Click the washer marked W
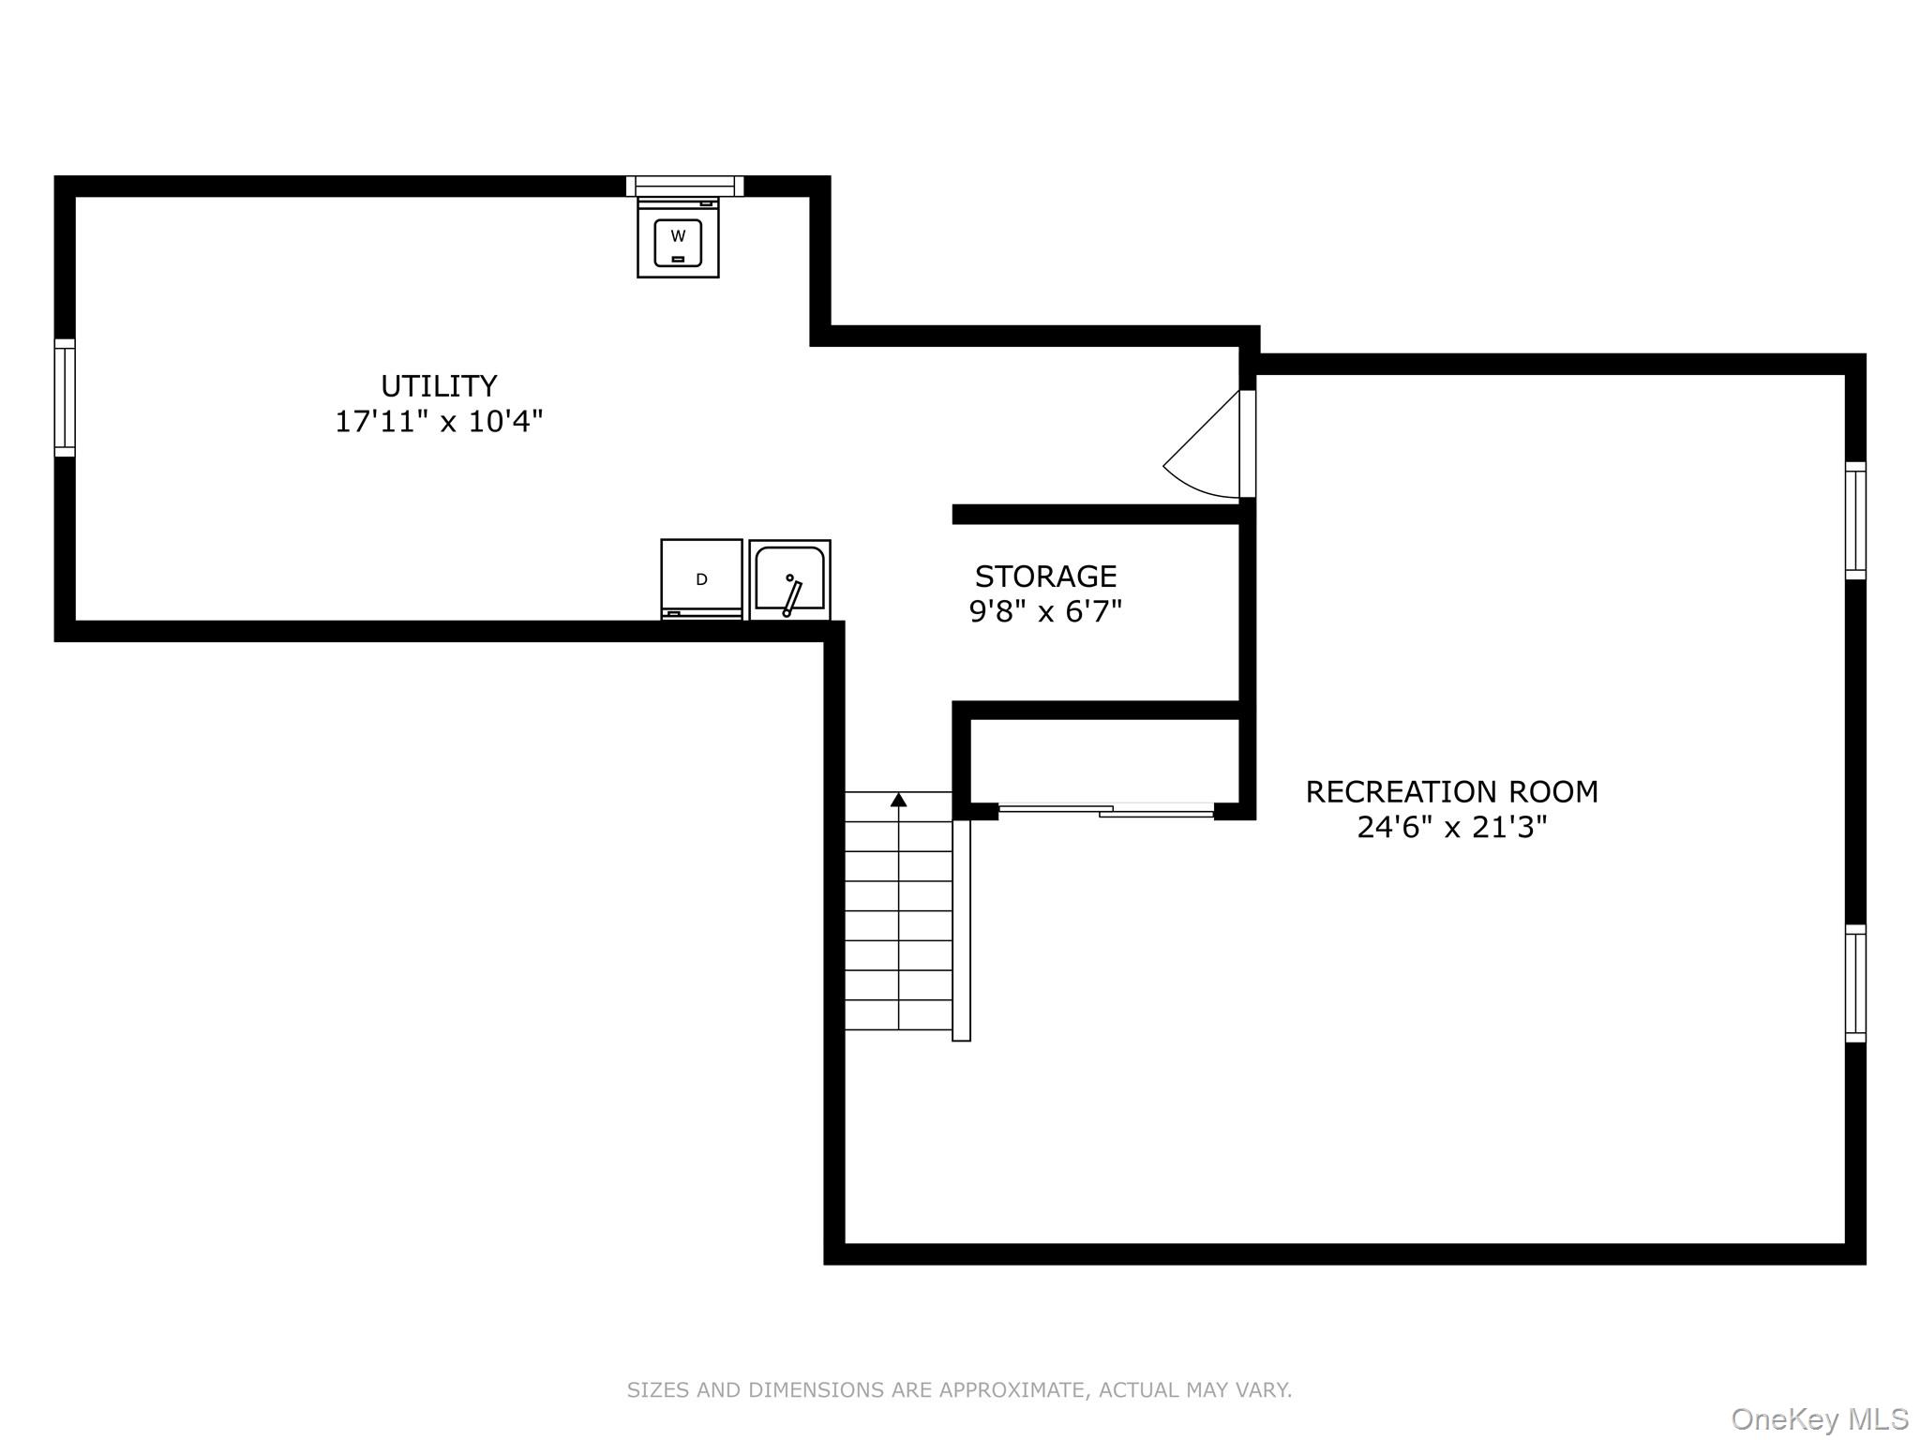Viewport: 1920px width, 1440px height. coord(678,238)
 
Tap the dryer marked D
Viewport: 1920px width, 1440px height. coord(701,579)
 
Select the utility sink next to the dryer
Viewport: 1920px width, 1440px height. coord(789,579)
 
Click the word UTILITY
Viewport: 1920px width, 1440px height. coord(439,386)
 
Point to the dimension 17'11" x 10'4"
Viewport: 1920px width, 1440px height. coord(439,422)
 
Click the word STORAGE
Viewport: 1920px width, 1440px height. coord(1045,576)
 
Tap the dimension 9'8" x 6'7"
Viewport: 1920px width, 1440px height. coord(1045,612)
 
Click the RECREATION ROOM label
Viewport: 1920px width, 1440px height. coord(1451,792)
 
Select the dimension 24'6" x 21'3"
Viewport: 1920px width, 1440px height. coord(1451,828)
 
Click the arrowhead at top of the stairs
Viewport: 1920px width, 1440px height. coord(898,800)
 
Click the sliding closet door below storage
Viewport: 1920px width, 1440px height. coord(1106,810)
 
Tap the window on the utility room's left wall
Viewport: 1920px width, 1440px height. coord(64,397)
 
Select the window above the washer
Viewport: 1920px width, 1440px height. coord(684,186)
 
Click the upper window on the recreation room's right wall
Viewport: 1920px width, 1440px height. coord(1854,520)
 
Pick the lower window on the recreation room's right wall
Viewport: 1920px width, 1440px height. coord(1854,983)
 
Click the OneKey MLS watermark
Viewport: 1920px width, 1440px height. coord(1819,1418)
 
